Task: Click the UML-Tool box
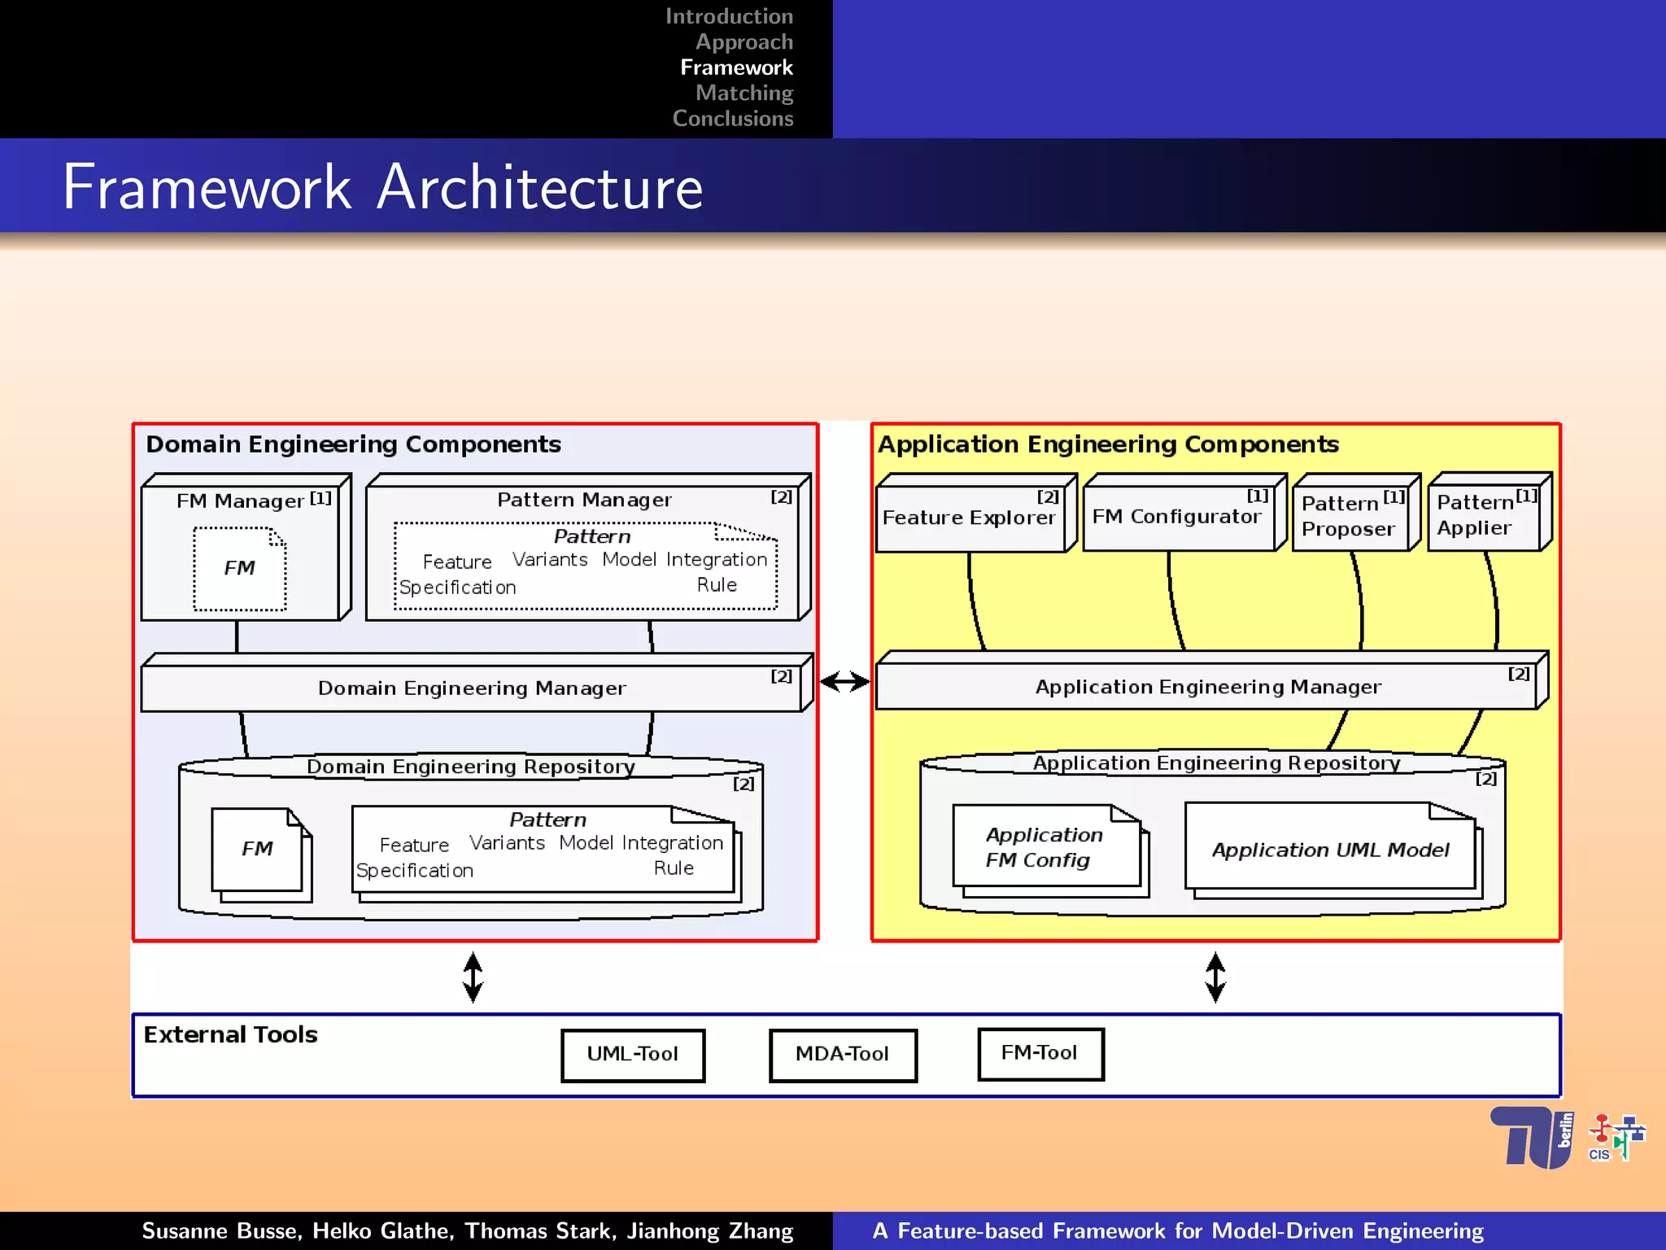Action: (633, 1055)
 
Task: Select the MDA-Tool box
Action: (843, 1055)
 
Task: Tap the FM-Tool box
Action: (1040, 1054)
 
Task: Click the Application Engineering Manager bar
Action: (1207, 687)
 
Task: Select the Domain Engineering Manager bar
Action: (472, 688)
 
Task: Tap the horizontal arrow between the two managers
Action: (845, 682)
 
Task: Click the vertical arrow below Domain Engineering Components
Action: (473, 977)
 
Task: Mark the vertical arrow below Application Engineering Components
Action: (1215, 977)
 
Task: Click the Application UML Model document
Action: (1331, 850)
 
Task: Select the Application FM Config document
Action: (1046, 848)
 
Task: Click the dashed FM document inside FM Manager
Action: (240, 568)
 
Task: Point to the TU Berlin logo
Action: (1531, 1138)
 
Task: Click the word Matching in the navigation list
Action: (744, 93)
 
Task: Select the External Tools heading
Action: (231, 1035)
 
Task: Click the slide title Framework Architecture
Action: (382, 187)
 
